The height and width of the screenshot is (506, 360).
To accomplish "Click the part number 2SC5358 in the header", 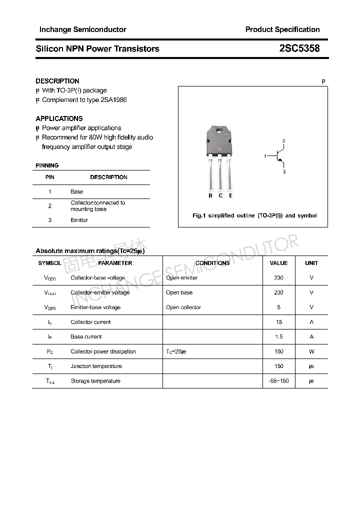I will pos(299,48).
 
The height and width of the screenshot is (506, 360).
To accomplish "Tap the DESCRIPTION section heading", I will pos(57,81).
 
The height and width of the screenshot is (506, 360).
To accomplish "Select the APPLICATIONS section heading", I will pos(59,118).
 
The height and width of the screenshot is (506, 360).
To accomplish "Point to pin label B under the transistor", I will pos(210,195).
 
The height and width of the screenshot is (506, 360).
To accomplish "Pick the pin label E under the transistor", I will pos(230,195).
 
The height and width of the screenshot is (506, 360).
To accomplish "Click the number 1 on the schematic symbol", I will pos(265,156).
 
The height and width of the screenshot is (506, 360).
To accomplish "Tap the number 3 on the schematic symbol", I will pos(283,171).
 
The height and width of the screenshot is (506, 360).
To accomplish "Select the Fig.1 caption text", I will pos(254,215).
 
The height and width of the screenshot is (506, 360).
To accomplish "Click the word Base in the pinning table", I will pos(77,191).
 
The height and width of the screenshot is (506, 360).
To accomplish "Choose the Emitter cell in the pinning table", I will pos(79,220).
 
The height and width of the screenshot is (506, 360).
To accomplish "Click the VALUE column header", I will pos(278,263).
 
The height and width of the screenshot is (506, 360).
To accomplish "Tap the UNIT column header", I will pos(311,263).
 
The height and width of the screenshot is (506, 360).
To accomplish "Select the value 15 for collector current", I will pos(278,322).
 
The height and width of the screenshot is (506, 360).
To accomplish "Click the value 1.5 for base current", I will pos(278,337).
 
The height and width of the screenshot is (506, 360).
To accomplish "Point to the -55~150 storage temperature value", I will pos(278,381).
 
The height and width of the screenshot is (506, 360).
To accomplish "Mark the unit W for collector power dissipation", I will pos(311,351).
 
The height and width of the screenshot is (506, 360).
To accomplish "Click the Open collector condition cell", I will pos(183,307).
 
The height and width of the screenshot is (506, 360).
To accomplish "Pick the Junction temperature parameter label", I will pos(96,366).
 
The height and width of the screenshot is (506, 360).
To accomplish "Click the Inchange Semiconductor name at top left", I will pos(82,29).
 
